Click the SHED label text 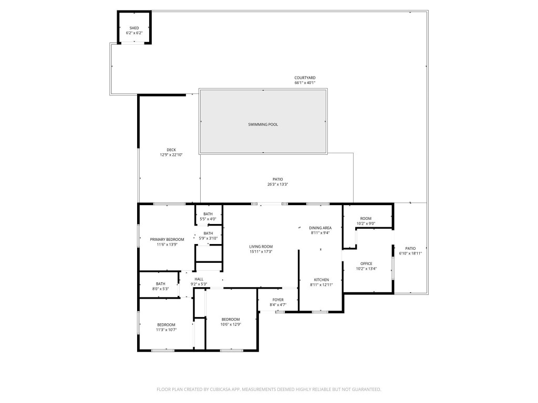[x=134, y=28]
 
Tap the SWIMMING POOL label [x=263, y=124]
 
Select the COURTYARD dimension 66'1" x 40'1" [x=305, y=83]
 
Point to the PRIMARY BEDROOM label [x=167, y=239]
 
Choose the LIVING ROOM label [x=261, y=246]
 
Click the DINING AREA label [x=320, y=228]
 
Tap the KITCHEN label [x=321, y=280]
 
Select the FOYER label [x=278, y=300]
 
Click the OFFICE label [x=366, y=263]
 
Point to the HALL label [x=199, y=279]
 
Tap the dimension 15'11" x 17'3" [x=261, y=252]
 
